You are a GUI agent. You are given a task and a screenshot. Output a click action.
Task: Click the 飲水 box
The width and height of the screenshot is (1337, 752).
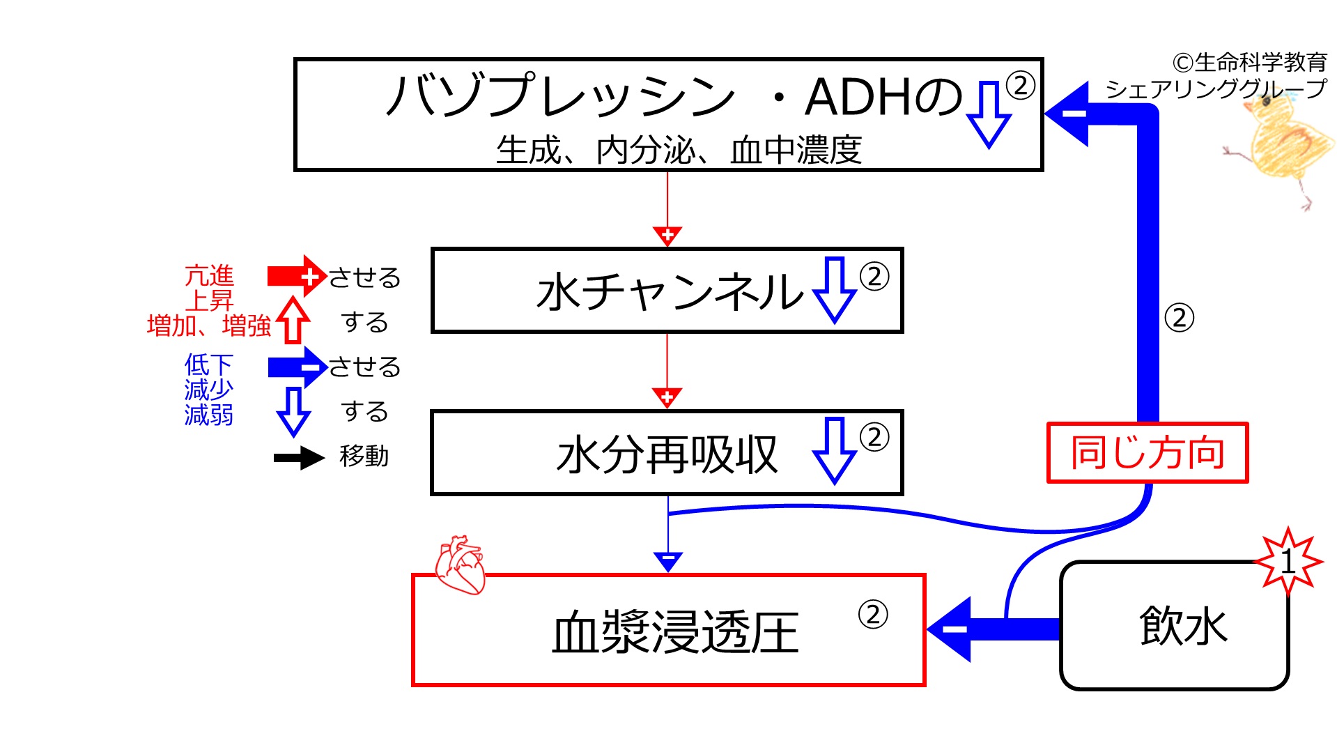[1175, 625]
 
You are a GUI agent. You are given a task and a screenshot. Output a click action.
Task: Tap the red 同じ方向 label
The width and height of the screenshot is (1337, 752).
[1147, 452]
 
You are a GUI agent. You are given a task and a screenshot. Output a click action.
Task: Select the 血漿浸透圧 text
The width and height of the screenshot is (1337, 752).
[675, 632]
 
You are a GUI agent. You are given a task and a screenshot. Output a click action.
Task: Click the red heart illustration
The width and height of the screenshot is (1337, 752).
[460, 565]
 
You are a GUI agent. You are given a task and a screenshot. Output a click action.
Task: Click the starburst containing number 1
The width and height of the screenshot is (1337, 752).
[1288, 561]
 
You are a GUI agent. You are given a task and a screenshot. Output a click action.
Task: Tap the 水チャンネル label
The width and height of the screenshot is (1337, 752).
[670, 291]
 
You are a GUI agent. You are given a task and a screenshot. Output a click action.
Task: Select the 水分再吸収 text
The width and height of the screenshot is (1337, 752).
[667, 454]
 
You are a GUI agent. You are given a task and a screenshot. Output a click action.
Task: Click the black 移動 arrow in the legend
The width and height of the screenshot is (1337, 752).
[299, 457]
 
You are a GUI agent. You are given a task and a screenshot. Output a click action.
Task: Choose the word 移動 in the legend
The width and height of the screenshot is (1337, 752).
[364, 456]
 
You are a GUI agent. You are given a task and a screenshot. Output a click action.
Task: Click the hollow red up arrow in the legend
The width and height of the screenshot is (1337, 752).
[293, 320]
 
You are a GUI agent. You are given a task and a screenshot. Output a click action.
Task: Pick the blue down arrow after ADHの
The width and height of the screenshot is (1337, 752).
[989, 114]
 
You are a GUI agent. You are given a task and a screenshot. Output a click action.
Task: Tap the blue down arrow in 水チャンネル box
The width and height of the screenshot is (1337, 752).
[835, 290]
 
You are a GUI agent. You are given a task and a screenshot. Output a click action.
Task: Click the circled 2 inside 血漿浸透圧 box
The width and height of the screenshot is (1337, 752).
[873, 614]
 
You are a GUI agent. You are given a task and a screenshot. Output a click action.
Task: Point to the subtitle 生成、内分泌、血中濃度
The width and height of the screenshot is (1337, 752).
[679, 150]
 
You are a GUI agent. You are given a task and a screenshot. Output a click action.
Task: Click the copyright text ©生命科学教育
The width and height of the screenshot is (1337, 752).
[1250, 62]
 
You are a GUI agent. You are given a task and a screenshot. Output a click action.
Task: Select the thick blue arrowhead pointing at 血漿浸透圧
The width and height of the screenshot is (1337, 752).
[949, 629]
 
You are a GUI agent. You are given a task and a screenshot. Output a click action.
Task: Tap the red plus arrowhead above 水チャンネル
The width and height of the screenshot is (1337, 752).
[667, 236]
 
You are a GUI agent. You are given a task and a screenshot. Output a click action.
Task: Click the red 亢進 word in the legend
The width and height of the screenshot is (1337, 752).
[209, 276]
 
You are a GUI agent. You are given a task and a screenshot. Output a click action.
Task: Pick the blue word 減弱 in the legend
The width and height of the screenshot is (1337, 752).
[208, 415]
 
